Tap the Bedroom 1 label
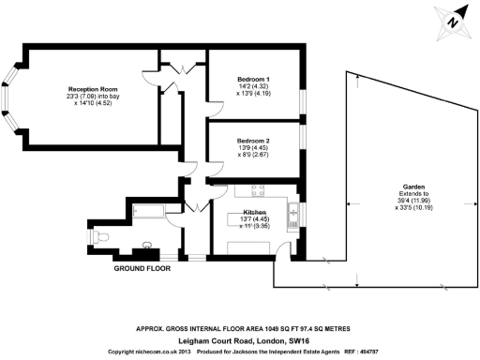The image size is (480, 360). tap(253, 79)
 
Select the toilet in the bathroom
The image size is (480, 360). tap(101, 232)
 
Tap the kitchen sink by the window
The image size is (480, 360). tap(293, 215)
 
